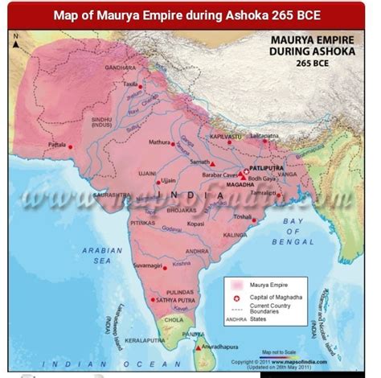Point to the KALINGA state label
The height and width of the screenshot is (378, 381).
pyautogui.click(x=235, y=235)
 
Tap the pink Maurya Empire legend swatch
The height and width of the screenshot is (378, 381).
pyautogui.click(x=237, y=284)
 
